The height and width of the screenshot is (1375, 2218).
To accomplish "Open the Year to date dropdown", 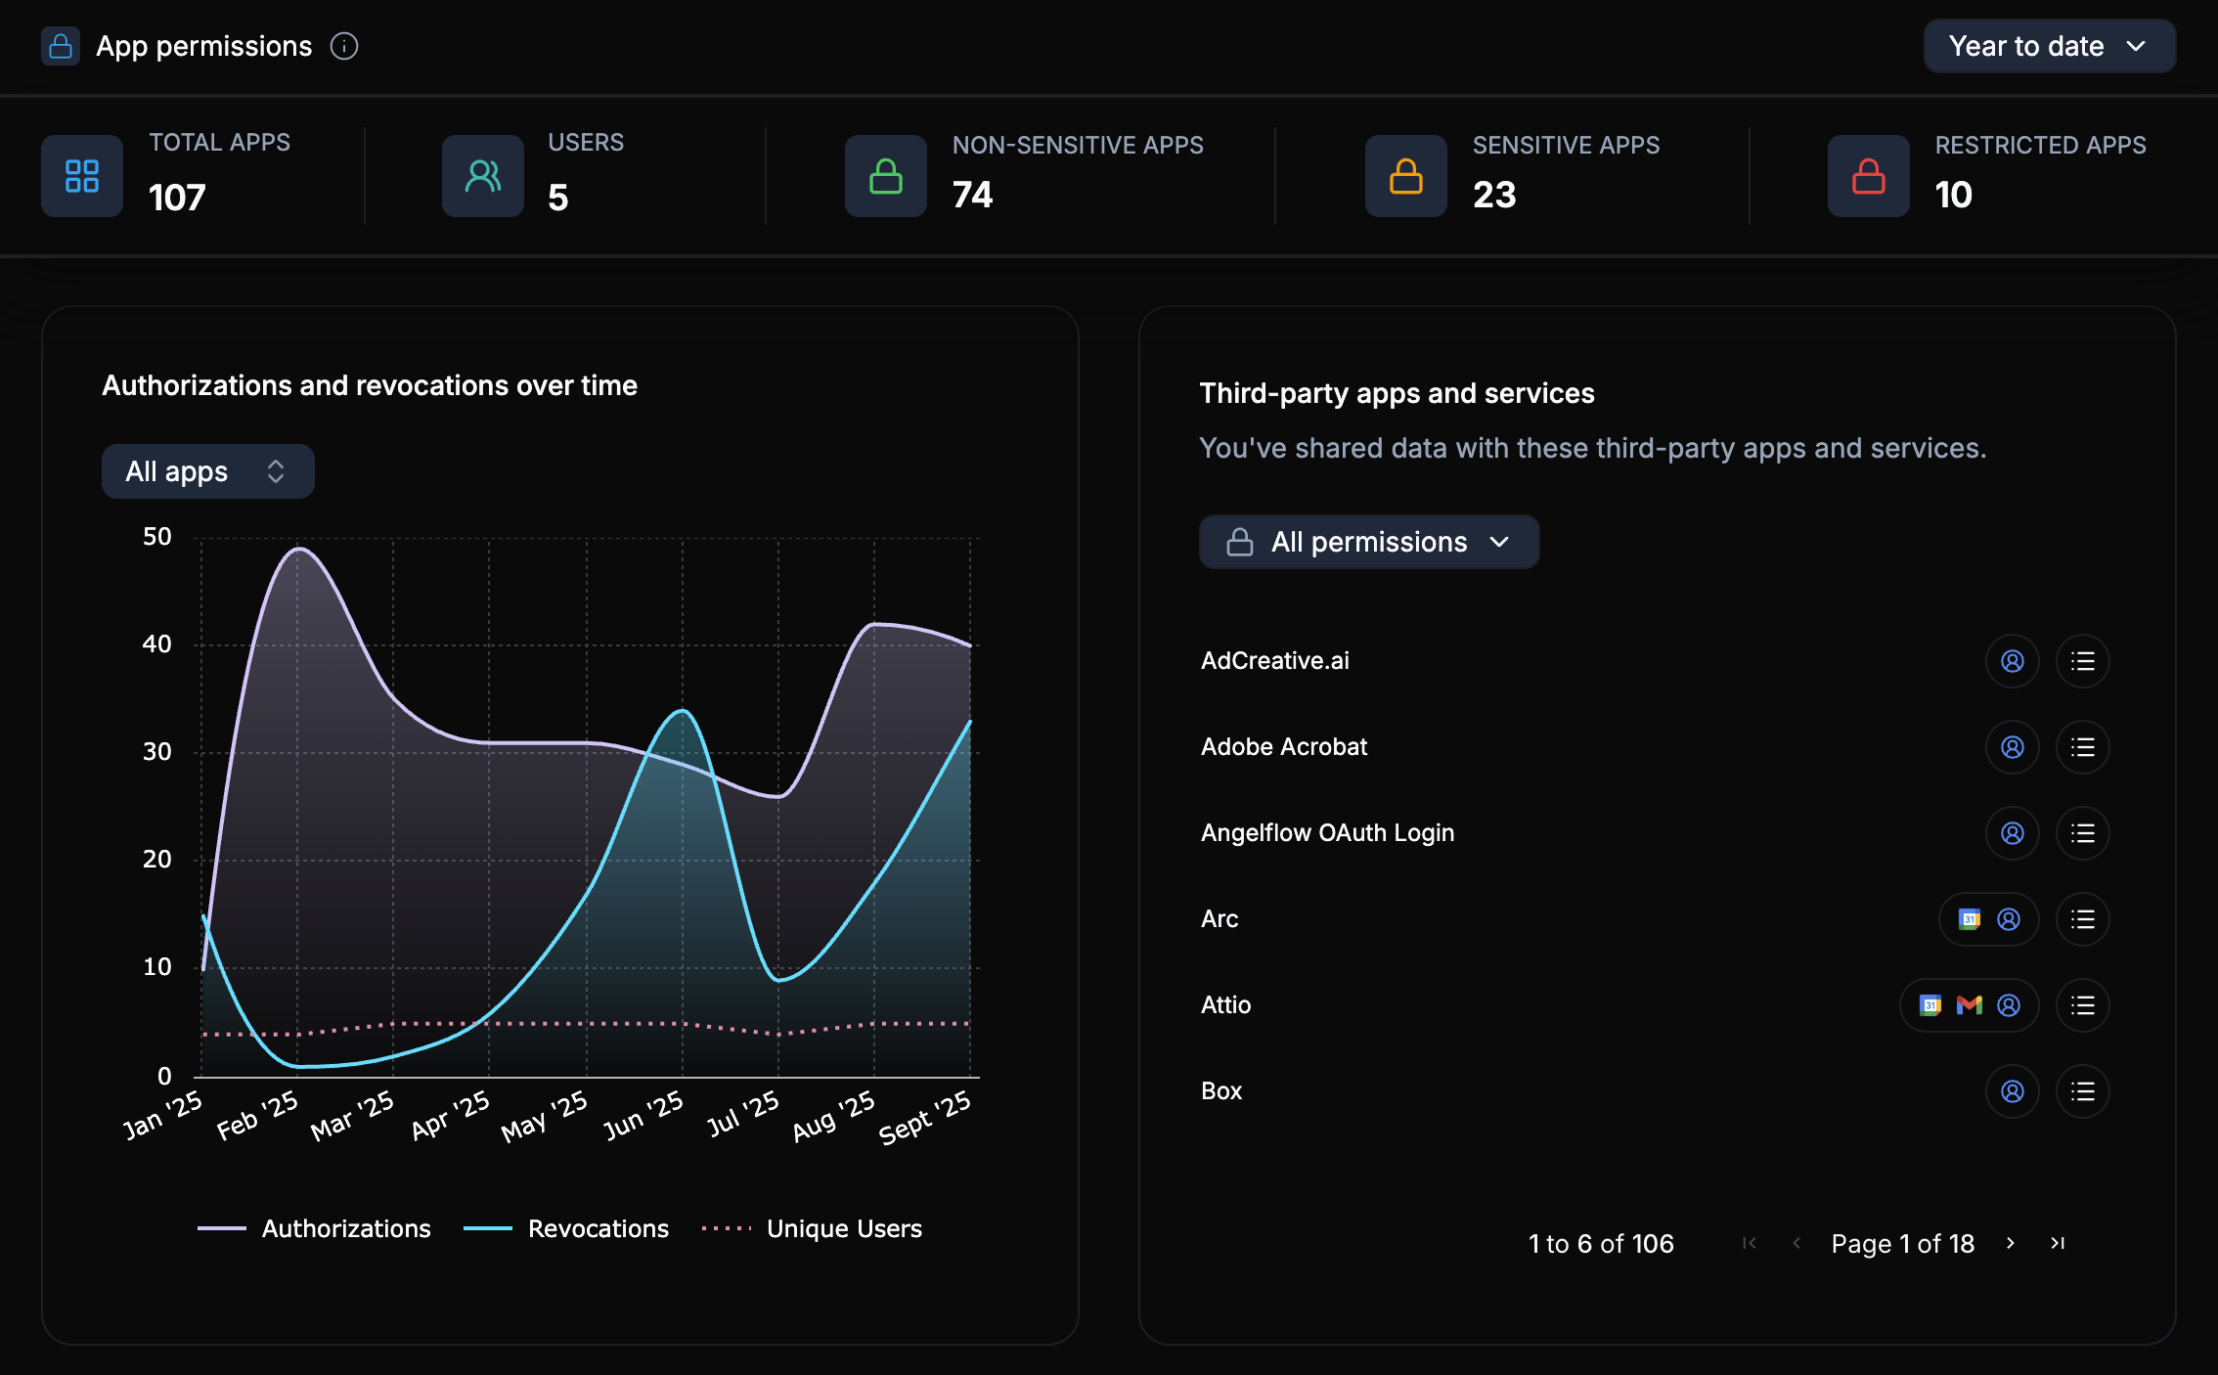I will tap(2048, 46).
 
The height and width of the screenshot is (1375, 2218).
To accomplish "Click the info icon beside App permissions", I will tap(344, 46).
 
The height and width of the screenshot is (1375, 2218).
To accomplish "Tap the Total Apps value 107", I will tap(177, 198).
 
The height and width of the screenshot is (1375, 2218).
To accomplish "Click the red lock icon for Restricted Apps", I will tap(1868, 176).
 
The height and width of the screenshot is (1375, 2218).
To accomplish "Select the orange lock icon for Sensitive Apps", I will tap(1405, 176).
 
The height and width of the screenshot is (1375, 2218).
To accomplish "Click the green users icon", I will tap(483, 176).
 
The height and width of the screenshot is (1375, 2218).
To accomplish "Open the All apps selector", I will tap(207, 471).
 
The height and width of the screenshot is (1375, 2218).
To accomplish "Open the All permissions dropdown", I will tap(1368, 542).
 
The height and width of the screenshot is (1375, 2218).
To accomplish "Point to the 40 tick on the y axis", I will tap(156, 644).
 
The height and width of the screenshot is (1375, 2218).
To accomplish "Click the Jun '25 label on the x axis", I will tap(644, 1116).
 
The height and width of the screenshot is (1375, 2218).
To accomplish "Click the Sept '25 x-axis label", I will tap(925, 1117).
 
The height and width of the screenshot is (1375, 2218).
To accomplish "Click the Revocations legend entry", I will tap(566, 1228).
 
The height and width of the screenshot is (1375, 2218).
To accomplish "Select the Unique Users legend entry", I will tap(812, 1228).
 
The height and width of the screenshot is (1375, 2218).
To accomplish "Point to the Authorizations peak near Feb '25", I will tap(298, 549).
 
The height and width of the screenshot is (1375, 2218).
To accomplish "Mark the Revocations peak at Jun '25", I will tap(683, 711).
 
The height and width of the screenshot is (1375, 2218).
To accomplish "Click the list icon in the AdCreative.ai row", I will tap(2082, 661).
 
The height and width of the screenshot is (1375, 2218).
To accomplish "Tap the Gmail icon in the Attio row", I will tap(1969, 1005).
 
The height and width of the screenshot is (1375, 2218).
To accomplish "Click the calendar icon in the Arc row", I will tap(1969, 919).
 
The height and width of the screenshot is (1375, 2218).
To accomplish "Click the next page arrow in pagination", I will tap(2011, 1243).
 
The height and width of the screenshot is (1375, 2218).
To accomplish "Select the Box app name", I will tap(1221, 1091).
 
